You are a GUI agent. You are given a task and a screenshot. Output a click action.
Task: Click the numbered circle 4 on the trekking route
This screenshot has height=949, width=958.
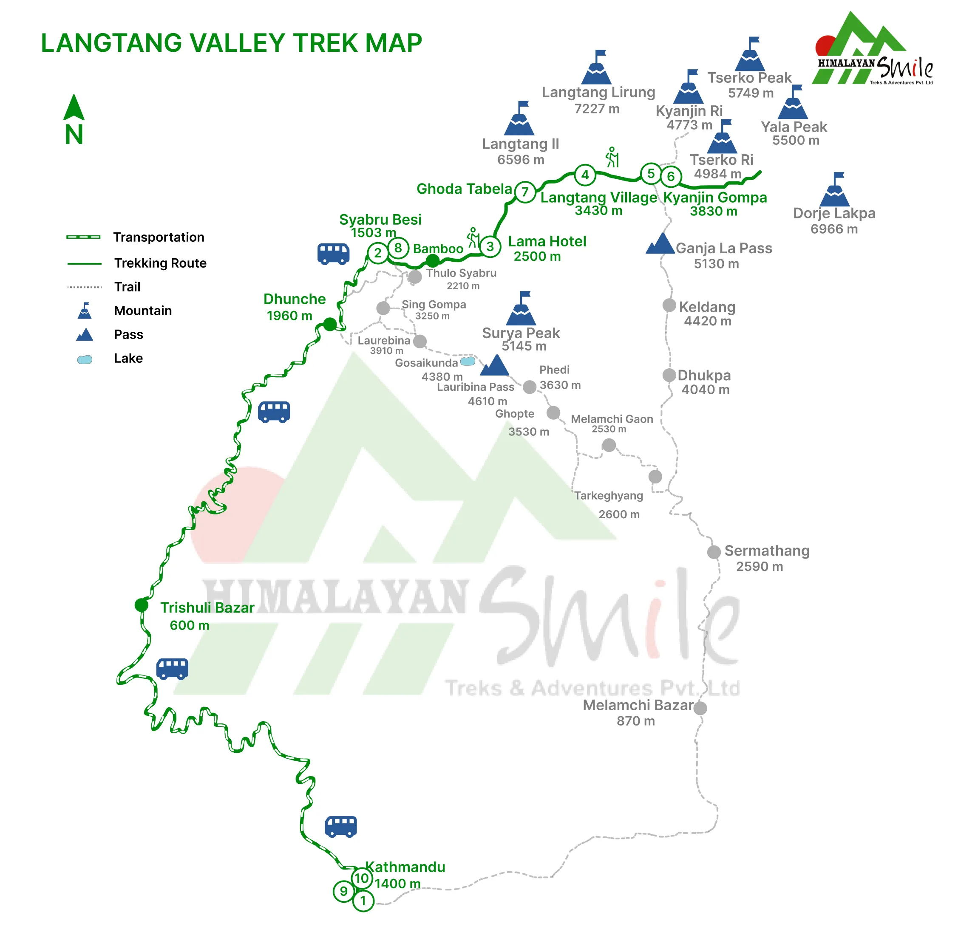[585, 175]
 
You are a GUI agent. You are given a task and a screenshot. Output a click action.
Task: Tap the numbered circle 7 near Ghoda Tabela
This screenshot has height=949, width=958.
[524, 192]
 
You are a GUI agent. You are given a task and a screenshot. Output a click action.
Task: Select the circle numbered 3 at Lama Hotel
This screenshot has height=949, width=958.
[490, 246]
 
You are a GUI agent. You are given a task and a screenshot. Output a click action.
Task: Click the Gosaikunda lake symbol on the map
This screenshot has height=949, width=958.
[468, 361]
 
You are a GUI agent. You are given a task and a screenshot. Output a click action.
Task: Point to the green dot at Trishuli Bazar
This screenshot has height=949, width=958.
[141, 605]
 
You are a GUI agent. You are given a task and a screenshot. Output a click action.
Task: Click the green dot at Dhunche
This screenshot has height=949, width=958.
[330, 325]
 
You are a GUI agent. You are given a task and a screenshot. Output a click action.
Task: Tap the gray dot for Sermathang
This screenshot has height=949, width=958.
[714, 552]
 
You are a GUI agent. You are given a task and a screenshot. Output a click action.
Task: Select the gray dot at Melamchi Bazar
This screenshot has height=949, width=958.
[700, 708]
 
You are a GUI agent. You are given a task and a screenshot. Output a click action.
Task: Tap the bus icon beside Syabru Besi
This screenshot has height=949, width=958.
[333, 254]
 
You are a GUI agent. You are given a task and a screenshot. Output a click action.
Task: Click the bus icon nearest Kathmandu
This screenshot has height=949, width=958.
[341, 827]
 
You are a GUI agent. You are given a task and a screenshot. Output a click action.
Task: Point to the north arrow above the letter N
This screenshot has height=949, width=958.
[74, 107]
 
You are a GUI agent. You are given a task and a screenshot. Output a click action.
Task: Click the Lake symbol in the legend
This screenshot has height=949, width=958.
[85, 359]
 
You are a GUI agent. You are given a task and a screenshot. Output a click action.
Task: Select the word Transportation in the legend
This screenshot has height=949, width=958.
[159, 237]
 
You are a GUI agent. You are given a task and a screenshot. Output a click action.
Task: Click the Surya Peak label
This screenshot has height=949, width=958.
[521, 333]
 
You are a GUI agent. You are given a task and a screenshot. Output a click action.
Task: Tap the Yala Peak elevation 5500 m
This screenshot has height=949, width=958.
[795, 140]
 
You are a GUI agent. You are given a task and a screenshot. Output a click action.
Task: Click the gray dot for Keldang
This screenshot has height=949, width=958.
[669, 305]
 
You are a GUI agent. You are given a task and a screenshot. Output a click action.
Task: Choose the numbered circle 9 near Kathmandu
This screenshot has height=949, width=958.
[343, 892]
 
